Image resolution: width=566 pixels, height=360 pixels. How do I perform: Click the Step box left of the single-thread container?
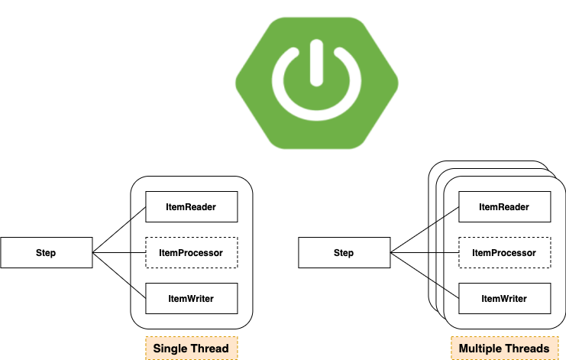(x=46, y=253)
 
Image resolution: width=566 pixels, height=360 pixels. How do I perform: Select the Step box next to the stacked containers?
(x=344, y=253)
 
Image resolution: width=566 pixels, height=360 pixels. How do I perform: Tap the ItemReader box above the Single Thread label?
(x=191, y=206)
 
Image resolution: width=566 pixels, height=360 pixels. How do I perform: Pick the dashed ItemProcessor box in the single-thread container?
(x=191, y=252)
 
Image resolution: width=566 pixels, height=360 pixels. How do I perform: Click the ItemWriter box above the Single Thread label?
(x=191, y=298)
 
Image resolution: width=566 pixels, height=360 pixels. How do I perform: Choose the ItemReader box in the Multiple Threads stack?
(x=503, y=206)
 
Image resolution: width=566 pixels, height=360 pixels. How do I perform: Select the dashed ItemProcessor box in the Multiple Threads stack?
(x=503, y=252)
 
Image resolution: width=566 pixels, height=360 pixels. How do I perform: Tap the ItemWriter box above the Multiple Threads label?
(x=503, y=298)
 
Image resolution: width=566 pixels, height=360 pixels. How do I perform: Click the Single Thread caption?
(x=191, y=349)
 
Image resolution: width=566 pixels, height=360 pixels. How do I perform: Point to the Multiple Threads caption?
(x=503, y=349)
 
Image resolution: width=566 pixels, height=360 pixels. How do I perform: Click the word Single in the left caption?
(x=170, y=349)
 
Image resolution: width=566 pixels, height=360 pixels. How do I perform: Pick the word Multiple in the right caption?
(x=482, y=349)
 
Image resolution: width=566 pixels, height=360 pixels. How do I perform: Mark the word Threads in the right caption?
(x=529, y=349)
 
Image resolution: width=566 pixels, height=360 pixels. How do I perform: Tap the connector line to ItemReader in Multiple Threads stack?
(x=443, y=217)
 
